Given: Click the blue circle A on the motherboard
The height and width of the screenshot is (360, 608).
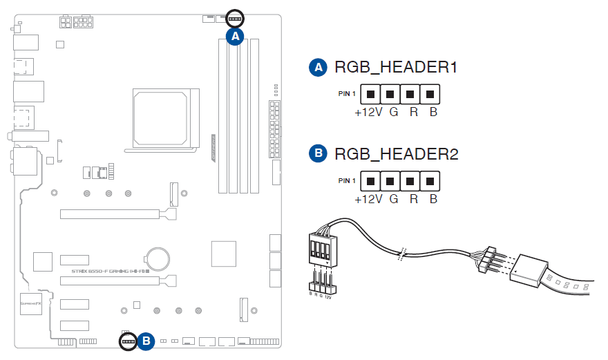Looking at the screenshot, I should click(236, 37).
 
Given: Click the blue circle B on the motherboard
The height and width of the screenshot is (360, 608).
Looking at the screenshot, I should click(146, 341).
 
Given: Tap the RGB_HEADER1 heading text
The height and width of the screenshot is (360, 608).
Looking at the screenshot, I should click(396, 68).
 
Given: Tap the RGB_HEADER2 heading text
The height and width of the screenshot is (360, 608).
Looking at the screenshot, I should click(396, 154).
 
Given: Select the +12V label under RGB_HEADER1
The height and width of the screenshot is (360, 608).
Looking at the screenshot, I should click(368, 112).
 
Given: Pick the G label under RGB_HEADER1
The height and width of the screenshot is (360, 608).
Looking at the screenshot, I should click(393, 112).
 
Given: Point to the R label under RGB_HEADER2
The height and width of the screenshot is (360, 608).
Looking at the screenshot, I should click(413, 199).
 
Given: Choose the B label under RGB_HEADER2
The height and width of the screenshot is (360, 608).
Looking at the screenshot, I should click(433, 199).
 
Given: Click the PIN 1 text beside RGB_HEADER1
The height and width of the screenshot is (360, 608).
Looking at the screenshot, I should click(347, 93).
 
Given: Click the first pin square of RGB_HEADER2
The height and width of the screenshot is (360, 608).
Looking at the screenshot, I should click(371, 181).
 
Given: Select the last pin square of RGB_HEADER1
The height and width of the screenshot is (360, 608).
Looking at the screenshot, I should click(430, 93).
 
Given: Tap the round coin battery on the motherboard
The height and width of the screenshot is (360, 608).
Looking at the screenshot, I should click(156, 259).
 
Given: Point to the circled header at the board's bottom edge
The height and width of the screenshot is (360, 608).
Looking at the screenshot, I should click(127, 341).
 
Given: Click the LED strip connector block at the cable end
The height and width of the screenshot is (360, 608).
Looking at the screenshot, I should click(529, 269).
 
